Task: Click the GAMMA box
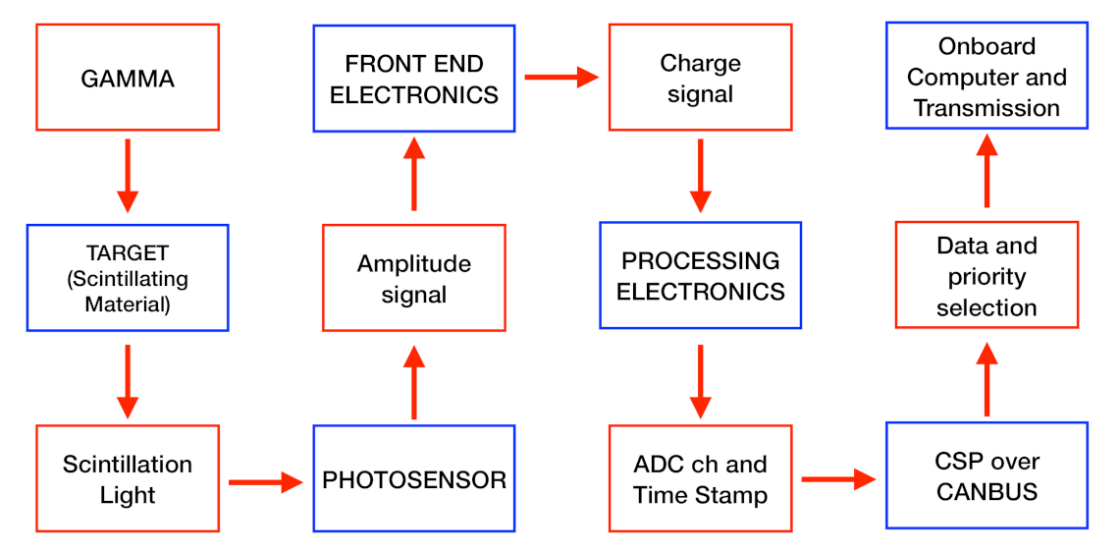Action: (x=128, y=78)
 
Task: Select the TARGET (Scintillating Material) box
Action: (x=128, y=278)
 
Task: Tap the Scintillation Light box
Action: (x=128, y=478)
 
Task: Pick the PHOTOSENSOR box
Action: (x=413, y=479)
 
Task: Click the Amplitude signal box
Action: (x=413, y=278)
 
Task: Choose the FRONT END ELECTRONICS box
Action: (x=413, y=79)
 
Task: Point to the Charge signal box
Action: (x=700, y=78)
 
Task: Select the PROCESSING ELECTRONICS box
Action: (x=700, y=276)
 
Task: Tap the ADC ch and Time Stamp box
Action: (x=700, y=478)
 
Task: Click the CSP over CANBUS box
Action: (x=987, y=476)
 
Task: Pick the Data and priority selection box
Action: (x=987, y=276)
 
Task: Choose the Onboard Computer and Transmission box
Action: (x=987, y=77)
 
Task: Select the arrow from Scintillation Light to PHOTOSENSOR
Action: (x=266, y=481)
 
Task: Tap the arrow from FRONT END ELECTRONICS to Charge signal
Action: (x=561, y=77)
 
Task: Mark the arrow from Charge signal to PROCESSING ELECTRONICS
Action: (x=700, y=175)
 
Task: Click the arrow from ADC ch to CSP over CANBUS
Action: (x=839, y=479)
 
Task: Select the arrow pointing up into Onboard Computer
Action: (x=987, y=169)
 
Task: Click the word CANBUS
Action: (x=987, y=491)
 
